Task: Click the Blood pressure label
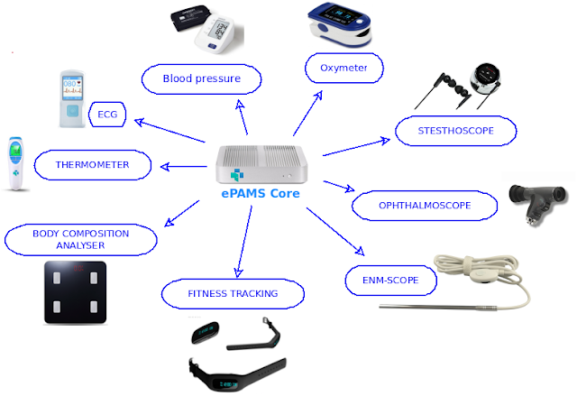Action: [x=202, y=78]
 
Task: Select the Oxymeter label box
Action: [x=344, y=68]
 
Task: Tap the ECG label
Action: [x=107, y=115]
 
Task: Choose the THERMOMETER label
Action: [x=92, y=165]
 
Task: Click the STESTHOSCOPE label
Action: [x=455, y=131]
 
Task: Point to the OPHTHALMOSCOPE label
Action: [x=425, y=206]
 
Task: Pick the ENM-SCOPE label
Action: [x=390, y=281]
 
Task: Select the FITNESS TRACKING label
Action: [x=233, y=294]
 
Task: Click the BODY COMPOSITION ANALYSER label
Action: [x=81, y=240]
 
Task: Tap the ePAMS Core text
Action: [x=261, y=194]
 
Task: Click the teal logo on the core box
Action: [x=237, y=175]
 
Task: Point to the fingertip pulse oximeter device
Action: [x=340, y=24]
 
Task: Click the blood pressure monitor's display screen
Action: [x=221, y=30]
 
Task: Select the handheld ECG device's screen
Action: [x=72, y=87]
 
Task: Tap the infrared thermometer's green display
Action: [x=16, y=151]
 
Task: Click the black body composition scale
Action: [x=76, y=292]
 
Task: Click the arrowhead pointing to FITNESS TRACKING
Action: [x=238, y=272]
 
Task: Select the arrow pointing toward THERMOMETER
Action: [x=184, y=167]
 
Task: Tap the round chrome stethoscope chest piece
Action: [x=485, y=78]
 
